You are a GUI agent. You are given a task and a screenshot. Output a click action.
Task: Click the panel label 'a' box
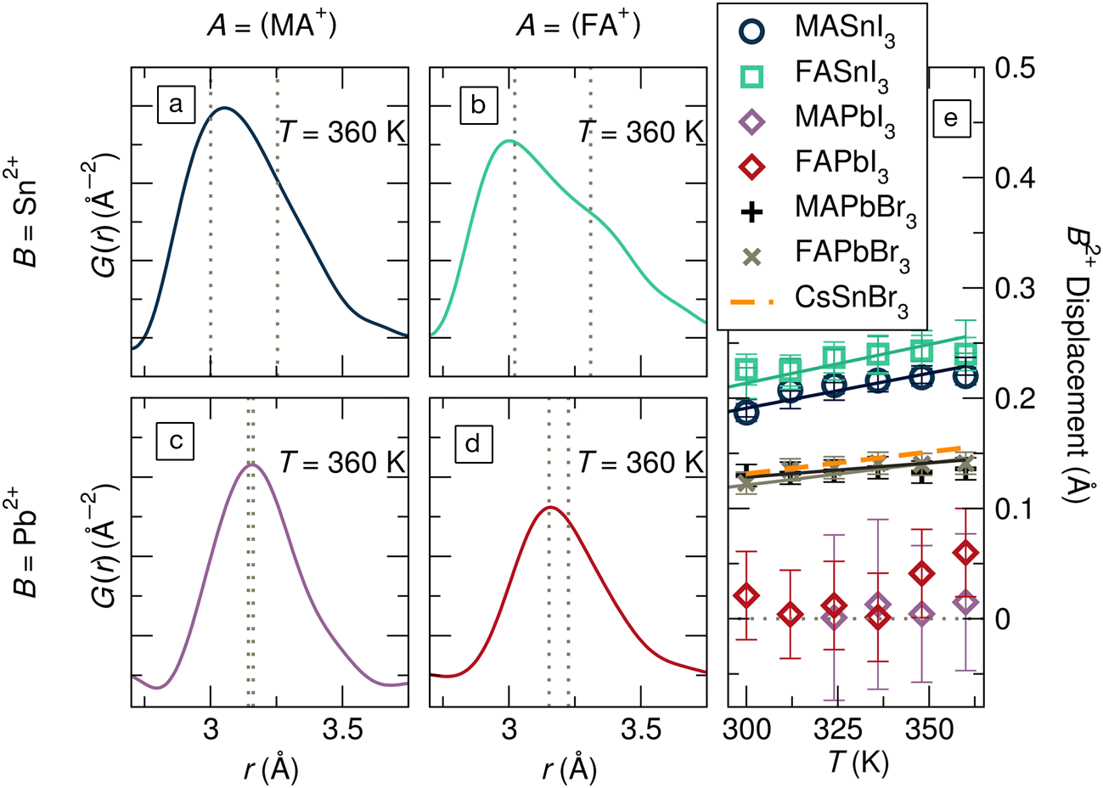[x=176, y=105]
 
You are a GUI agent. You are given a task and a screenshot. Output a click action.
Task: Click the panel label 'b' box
[x=477, y=105]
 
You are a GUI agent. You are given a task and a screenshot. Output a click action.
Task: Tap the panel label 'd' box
[x=473, y=442]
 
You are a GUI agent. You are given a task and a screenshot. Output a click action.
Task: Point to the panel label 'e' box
[x=950, y=118]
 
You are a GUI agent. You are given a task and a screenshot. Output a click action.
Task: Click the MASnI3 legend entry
[x=820, y=31]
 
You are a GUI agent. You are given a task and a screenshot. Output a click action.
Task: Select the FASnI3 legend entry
[x=820, y=76]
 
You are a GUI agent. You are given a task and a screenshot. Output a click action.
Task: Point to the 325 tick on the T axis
[x=834, y=729]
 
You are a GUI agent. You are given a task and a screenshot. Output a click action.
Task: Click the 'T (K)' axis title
[x=858, y=763]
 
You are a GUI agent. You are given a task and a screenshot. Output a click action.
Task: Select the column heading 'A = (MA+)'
[x=272, y=26]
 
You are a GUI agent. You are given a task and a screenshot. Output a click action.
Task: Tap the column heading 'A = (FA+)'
[x=578, y=26]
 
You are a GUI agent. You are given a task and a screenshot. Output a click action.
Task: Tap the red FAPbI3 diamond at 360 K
[x=965, y=553]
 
